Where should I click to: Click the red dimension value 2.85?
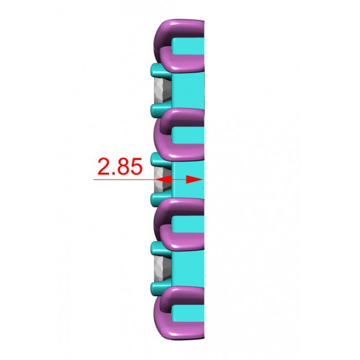click(x=120, y=166)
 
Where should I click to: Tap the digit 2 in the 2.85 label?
click(x=104, y=166)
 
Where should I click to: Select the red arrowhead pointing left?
click(x=164, y=179)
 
